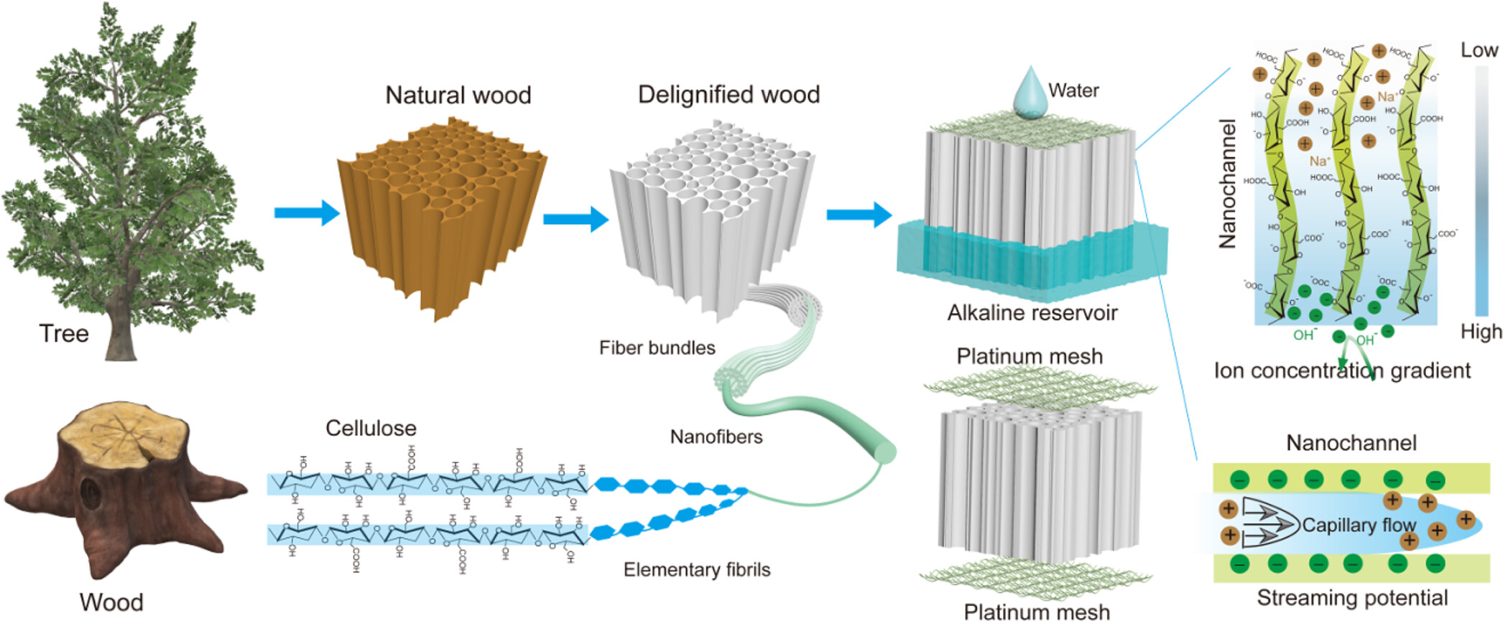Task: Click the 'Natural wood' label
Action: [x=458, y=95]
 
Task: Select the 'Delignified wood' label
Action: [x=729, y=95]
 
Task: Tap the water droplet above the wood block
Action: [x=1030, y=93]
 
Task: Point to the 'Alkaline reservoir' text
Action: [x=1032, y=313]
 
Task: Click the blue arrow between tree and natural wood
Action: [x=306, y=213]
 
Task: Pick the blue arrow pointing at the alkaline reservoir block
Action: [x=859, y=215]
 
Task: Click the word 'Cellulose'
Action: [x=371, y=429]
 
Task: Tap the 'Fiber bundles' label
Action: [x=657, y=348]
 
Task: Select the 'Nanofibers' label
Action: [x=716, y=436]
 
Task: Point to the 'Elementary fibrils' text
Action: [x=696, y=570]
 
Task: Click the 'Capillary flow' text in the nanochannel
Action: [x=1359, y=526]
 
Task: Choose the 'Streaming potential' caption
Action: [x=1352, y=598]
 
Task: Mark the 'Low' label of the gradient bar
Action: [x=1479, y=50]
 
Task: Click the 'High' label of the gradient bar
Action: [x=1481, y=332]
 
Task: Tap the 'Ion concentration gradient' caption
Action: [x=1341, y=370]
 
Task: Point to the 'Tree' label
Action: [x=64, y=334]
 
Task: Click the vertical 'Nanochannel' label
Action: [x=1228, y=184]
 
